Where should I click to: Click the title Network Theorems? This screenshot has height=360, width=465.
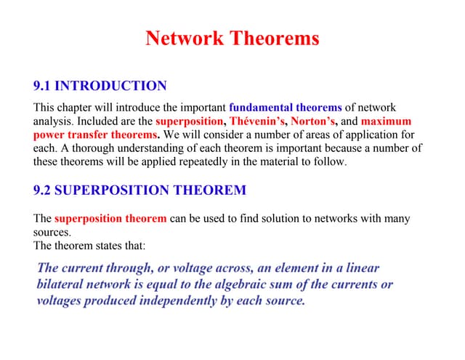(x=232, y=39)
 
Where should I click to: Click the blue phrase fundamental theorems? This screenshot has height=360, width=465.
(x=285, y=108)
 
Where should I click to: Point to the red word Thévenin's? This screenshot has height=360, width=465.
(x=259, y=121)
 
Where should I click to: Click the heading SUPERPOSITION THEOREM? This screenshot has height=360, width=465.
(x=150, y=191)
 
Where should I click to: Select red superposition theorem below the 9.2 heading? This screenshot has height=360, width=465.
(x=110, y=218)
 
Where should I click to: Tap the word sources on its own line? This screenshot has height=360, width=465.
(x=52, y=232)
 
